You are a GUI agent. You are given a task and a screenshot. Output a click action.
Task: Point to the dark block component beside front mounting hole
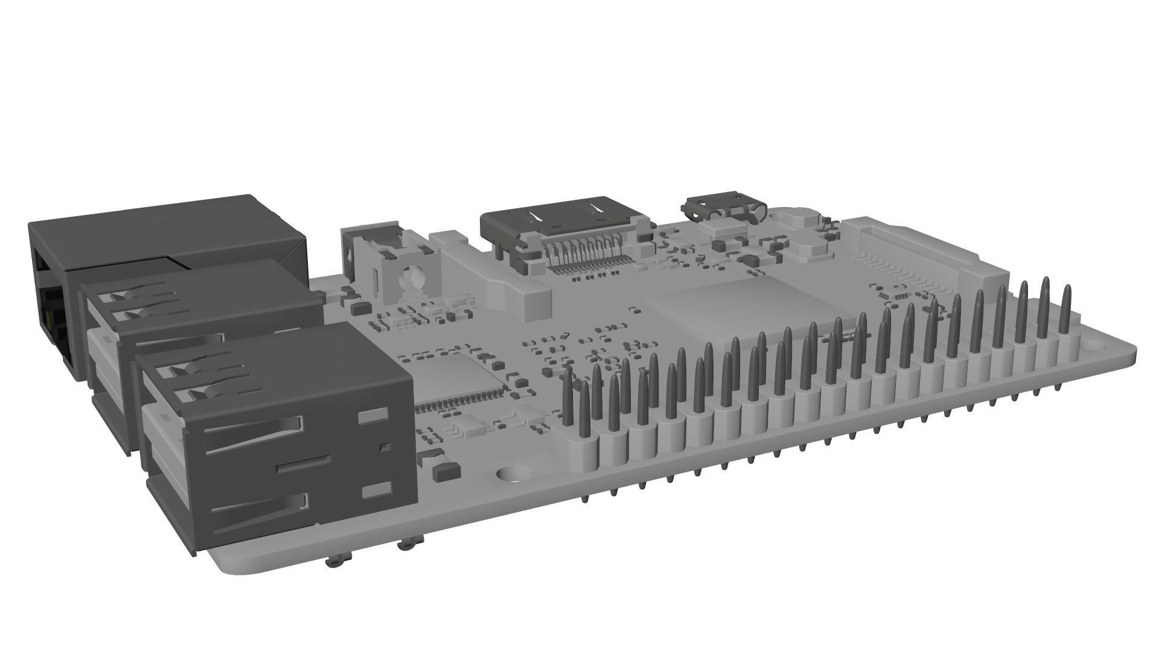[447, 470]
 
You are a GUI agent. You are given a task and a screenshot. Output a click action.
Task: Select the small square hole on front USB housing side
[384, 447]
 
